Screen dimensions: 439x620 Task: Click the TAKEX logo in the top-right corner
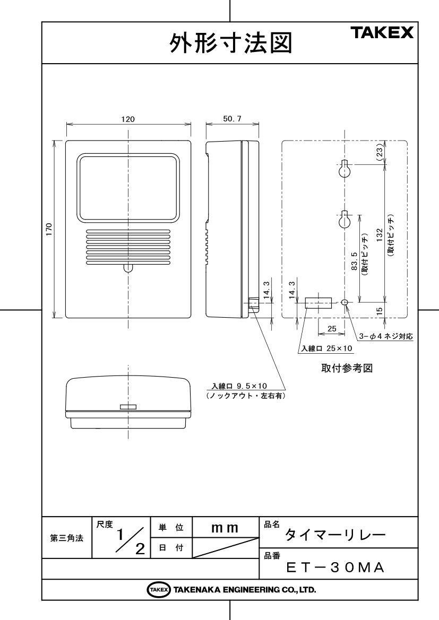point(382,32)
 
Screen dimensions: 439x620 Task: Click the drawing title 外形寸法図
point(231,43)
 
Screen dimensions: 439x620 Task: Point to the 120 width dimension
point(128,119)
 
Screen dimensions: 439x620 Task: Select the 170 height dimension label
point(49,229)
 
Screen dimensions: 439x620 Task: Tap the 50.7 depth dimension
point(232,119)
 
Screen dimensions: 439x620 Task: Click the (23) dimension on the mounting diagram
point(380,152)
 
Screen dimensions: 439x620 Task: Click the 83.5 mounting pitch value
point(354,261)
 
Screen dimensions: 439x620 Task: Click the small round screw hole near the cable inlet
point(345,302)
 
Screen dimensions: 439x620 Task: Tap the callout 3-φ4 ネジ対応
point(385,336)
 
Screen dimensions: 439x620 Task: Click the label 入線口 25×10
point(326,348)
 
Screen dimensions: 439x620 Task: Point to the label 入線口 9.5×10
point(239,386)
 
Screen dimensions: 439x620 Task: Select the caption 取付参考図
point(347,368)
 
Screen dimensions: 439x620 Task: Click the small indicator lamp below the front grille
point(127,268)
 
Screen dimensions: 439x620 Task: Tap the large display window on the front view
point(128,187)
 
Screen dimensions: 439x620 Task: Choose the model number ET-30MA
point(335,568)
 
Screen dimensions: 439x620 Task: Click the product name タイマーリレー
point(335,535)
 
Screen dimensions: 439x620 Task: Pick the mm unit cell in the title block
point(225,528)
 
